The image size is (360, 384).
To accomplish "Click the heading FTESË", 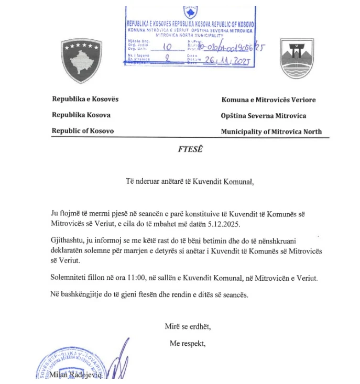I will click(x=189, y=149).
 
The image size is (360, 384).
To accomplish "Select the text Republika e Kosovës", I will click(x=85, y=100).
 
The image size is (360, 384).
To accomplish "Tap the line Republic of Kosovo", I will click(x=83, y=131).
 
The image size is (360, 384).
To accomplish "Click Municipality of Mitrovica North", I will click(x=271, y=131).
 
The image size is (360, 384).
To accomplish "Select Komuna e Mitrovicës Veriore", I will click(x=269, y=100).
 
